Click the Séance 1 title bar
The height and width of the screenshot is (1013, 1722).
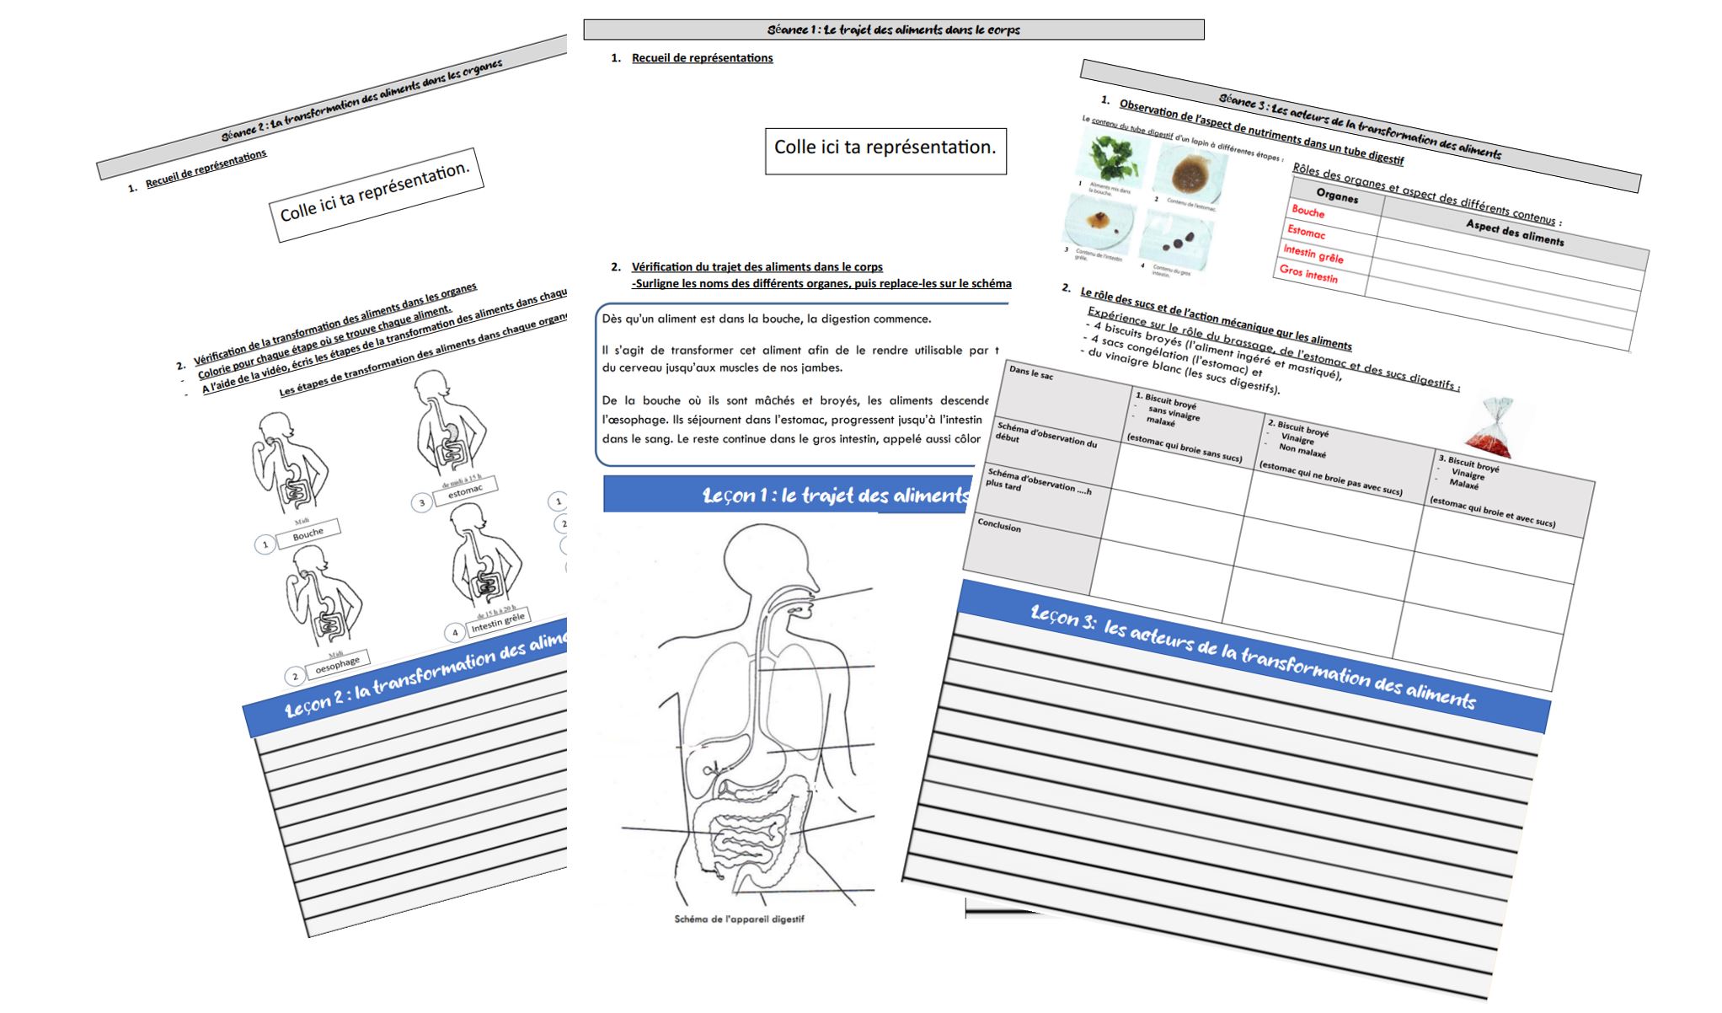[893, 30]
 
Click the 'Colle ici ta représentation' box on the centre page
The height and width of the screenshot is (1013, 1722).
[885, 151]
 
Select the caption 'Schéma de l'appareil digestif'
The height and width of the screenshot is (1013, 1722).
[739, 919]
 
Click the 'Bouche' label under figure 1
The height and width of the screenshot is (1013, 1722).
[307, 533]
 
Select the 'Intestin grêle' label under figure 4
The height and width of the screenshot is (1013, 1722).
[498, 622]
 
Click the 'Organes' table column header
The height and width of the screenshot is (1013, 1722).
[1337, 196]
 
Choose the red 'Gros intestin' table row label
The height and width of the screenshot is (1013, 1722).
[1308, 273]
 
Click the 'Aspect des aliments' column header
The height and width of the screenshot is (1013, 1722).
[1514, 232]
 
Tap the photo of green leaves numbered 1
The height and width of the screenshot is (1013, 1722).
[1115, 158]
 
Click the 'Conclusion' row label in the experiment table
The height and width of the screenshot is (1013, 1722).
[999, 526]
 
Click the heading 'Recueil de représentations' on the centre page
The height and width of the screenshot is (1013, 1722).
[702, 58]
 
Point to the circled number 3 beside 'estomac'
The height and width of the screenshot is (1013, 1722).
[422, 503]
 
